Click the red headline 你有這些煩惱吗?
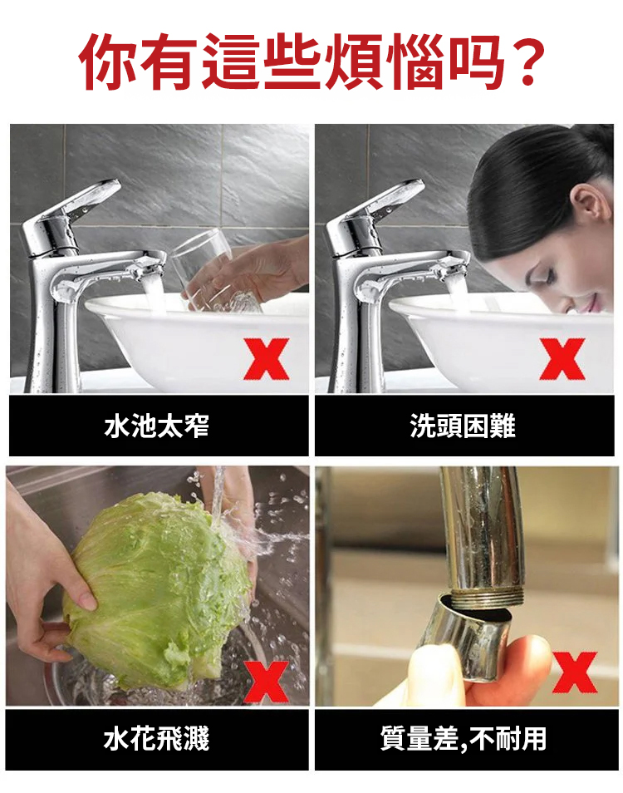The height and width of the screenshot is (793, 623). pyautogui.click(x=311, y=62)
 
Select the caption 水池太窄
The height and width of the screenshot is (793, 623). pyautogui.click(x=157, y=426)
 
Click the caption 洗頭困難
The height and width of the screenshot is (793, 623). pyautogui.click(x=463, y=426)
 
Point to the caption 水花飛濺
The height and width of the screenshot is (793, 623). pyautogui.click(x=157, y=738)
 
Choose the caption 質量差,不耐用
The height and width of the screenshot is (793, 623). pyautogui.click(x=464, y=738)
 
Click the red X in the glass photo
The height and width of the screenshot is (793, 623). pyautogui.click(x=267, y=359)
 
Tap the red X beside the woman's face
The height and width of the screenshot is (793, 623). pyautogui.click(x=562, y=359)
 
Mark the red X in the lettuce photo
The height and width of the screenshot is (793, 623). pyautogui.click(x=267, y=682)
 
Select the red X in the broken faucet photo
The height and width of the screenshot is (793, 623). pyautogui.click(x=575, y=672)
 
